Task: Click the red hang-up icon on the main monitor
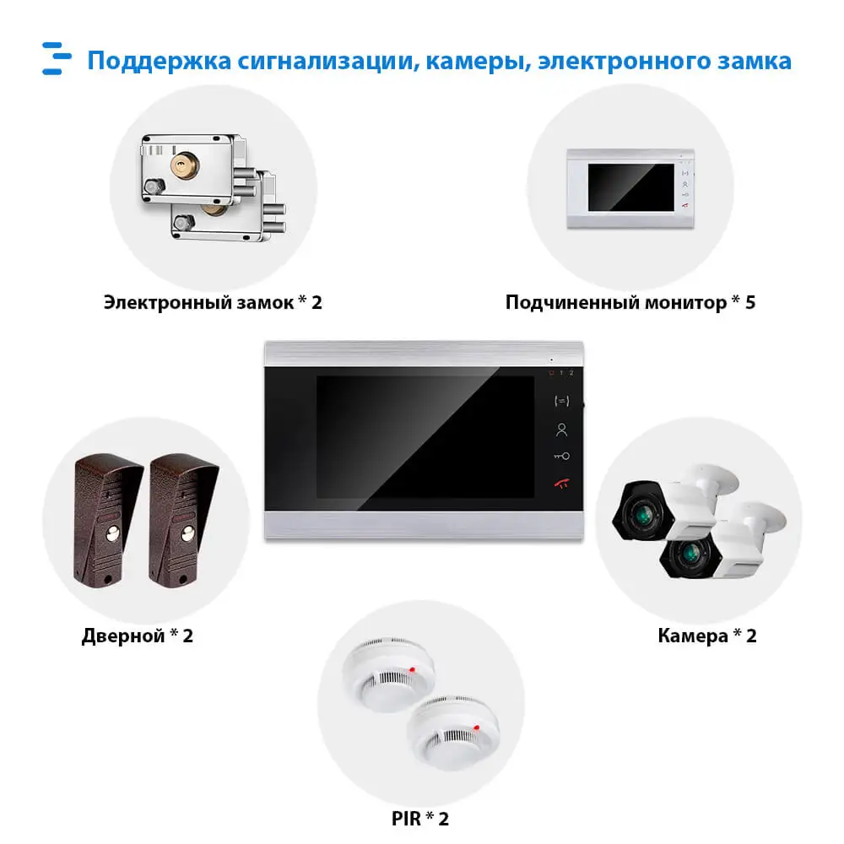pos(561,484)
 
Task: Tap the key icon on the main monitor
pos(561,457)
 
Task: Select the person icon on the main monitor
pos(561,430)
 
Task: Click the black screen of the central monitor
pos(425,436)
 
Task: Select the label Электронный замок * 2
pos(213,301)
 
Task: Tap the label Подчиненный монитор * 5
pos(630,301)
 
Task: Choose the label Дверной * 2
pos(138,636)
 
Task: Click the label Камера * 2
pos(707,636)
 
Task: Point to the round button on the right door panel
pos(184,533)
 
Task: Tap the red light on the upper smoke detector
pos(412,670)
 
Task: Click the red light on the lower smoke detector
pos(477,727)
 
